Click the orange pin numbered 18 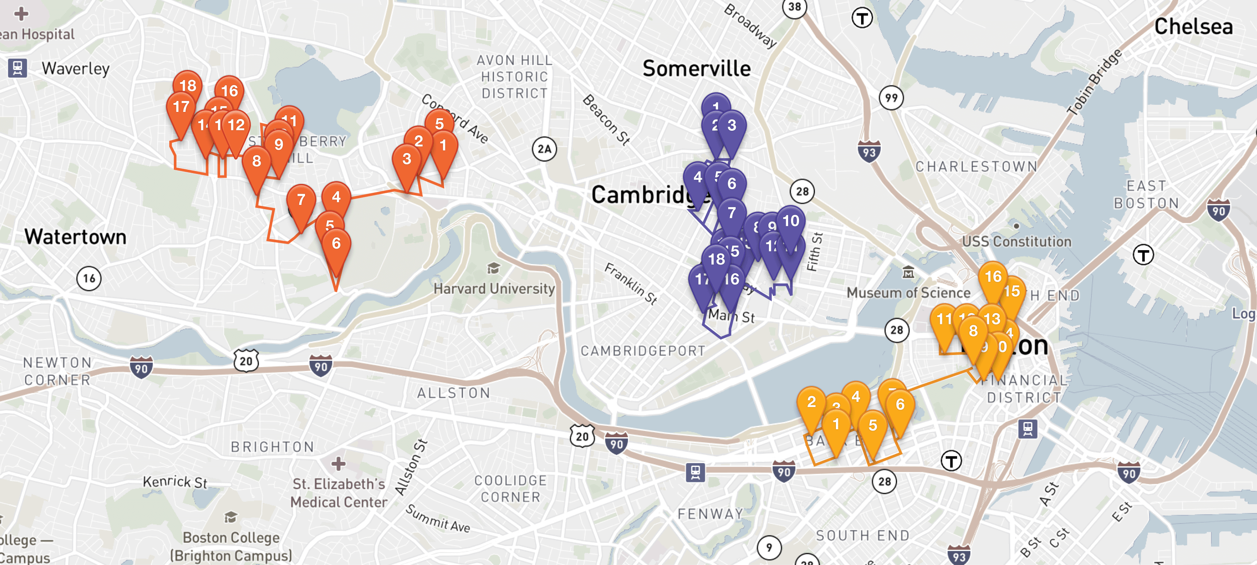point(188,86)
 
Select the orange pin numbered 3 point(406,159)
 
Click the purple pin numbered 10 point(791,221)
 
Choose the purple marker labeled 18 point(716,259)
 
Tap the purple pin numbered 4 point(698,177)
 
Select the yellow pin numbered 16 point(993,277)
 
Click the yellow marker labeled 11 point(944,319)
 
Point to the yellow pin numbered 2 point(811,402)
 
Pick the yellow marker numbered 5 point(872,425)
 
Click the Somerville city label point(696,68)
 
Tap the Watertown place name point(76,237)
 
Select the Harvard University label point(494,289)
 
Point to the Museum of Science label point(908,293)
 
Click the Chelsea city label point(1193,26)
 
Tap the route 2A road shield point(544,149)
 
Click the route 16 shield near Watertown point(89,278)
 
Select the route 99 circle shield point(891,98)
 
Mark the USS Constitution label point(1016,241)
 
